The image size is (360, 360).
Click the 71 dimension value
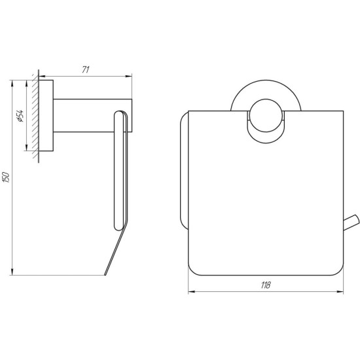[86, 70]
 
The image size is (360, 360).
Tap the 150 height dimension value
[7, 177]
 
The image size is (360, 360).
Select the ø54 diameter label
[20, 116]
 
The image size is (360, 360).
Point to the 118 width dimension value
[266, 285]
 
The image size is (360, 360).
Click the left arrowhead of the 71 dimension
[42, 76]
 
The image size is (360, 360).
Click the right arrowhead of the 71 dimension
[128, 76]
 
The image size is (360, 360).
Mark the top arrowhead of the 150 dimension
[12, 84]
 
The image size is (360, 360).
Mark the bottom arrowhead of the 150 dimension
[12, 272]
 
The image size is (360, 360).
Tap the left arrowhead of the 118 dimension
[192, 291]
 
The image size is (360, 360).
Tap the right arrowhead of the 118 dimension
[340, 291]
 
